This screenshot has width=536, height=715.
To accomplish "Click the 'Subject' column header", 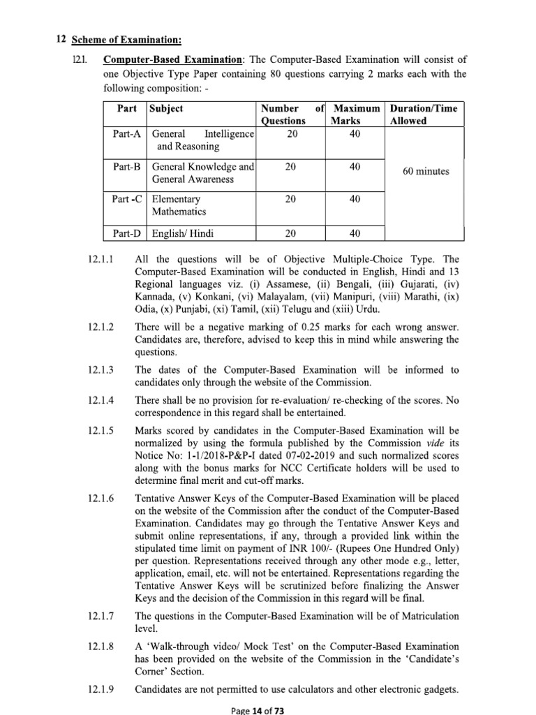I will pyautogui.click(x=166, y=109).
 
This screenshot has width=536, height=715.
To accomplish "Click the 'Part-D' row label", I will pyautogui.click(x=127, y=233).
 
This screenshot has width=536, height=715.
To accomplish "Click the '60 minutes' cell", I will pyautogui.click(x=426, y=172).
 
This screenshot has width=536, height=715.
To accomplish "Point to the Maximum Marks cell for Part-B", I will pyautogui.click(x=355, y=167).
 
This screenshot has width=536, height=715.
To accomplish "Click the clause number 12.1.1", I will pyautogui.click(x=102, y=259).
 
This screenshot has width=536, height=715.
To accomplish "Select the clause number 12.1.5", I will pyautogui.click(x=102, y=430).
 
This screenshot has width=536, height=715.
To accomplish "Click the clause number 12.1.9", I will pyautogui.click(x=102, y=690).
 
